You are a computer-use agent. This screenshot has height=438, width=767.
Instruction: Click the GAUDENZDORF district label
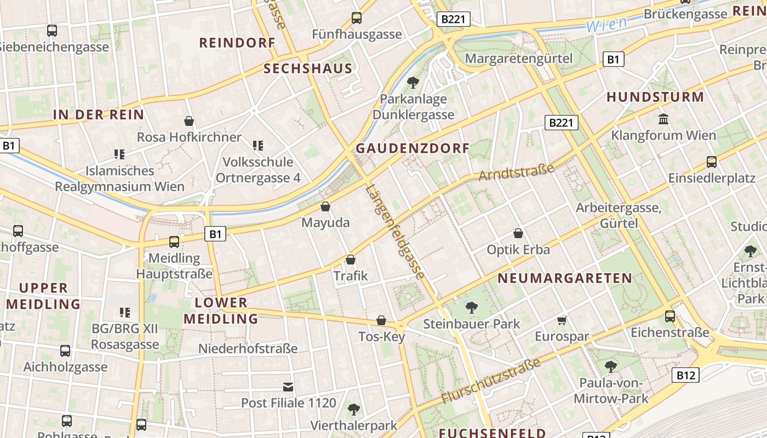413,148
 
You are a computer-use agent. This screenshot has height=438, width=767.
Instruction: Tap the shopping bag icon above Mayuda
325,206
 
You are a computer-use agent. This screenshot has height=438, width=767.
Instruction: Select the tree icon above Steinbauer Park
471,307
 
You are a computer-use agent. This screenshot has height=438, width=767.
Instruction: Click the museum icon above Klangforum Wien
663,119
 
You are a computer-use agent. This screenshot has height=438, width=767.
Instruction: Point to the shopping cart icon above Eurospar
562,320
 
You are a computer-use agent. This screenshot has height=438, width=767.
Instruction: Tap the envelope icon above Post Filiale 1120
288,387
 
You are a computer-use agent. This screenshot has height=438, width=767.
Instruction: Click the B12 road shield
685,375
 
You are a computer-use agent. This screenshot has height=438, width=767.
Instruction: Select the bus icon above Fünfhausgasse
357,18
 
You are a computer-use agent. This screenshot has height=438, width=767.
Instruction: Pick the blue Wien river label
606,25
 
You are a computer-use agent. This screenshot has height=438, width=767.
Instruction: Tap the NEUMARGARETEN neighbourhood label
565,278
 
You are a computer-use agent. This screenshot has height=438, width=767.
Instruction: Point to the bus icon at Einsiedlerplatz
711,162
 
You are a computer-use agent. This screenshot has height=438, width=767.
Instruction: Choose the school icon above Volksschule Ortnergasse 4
258,145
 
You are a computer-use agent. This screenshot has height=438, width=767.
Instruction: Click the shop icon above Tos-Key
381,320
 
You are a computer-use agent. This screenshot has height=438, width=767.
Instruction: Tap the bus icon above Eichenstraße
669,316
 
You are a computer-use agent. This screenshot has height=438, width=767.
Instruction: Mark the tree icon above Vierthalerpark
354,409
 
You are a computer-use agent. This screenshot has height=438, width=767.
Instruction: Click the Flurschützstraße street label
491,381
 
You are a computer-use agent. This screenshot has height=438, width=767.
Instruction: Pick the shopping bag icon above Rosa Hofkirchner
189,120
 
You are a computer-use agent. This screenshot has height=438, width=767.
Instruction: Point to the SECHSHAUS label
308,68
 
